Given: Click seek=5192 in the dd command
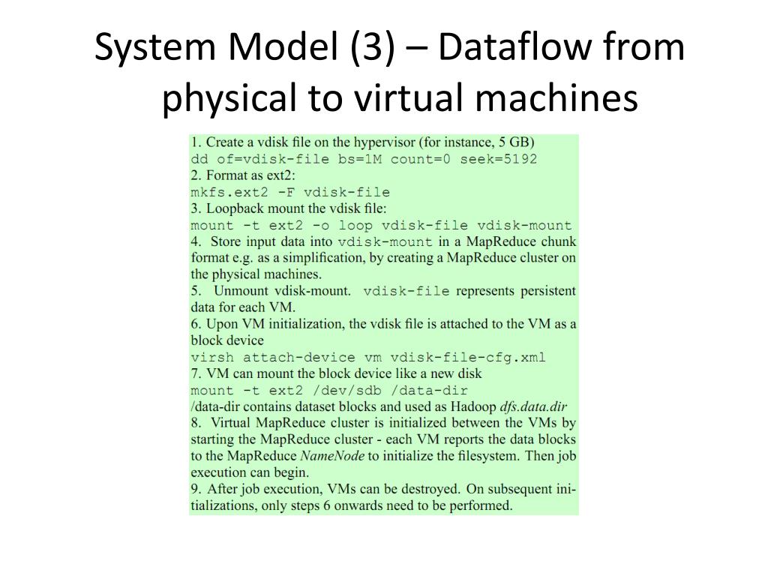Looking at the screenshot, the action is pos(499,159).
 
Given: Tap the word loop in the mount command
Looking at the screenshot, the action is pos(356,225).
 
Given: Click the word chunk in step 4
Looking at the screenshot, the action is pos(558,241).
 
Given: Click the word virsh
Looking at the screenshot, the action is pos(212,357).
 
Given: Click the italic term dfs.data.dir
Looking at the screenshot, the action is pos(534,406).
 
